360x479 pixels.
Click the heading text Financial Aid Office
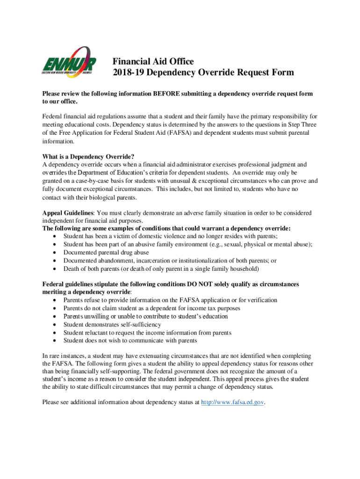coord(153,61)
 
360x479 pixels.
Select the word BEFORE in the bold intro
coord(165,94)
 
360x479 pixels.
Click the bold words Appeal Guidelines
coord(68,213)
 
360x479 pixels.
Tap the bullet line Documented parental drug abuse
coord(106,253)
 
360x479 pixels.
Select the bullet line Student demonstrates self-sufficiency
coord(112,324)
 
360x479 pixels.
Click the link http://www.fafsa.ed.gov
coord(232,402)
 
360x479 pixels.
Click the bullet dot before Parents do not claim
coord(56,308)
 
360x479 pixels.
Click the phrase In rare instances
coord(62,356)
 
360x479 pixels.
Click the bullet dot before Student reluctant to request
coord(56,333)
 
